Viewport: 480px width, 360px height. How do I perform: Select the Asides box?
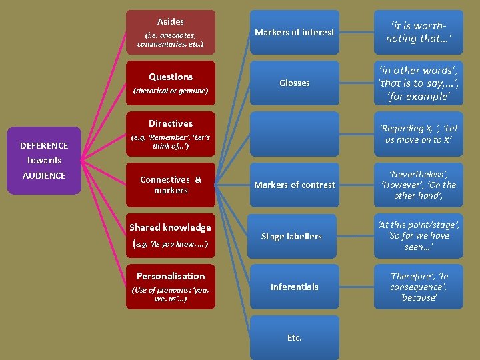(x=171, y=32)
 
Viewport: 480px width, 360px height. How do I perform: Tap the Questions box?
(x=171, y=83)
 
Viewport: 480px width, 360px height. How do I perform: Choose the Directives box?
(x=171, y=133)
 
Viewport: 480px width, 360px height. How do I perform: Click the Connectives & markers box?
(x=171, y=185)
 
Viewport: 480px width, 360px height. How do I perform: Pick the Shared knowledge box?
(x=171, y=235)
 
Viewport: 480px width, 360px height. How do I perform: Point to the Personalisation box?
(x=171, y=286)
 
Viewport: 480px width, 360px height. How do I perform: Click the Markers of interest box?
(x=294, y=32)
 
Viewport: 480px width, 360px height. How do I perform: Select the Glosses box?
(x=294, y=83)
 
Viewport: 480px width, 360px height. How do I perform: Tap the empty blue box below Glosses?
(x=294, y=134)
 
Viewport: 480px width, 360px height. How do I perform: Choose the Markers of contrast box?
(x=294, y=185)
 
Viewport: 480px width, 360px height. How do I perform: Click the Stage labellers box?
(x=294, y=236)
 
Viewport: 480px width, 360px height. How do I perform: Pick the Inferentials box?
(x=294, y=287)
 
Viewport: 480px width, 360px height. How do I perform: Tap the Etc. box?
(x=294, y=337)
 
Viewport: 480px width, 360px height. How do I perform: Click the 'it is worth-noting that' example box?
(x=418, y=32)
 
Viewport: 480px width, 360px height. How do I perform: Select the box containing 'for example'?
(x=418, y=83)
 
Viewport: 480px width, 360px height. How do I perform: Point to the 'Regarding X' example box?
(x=418, y=134)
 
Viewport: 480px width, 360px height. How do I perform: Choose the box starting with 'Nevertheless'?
(x=418, y=185)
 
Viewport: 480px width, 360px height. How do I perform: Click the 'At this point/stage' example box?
(x=418, y=236)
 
